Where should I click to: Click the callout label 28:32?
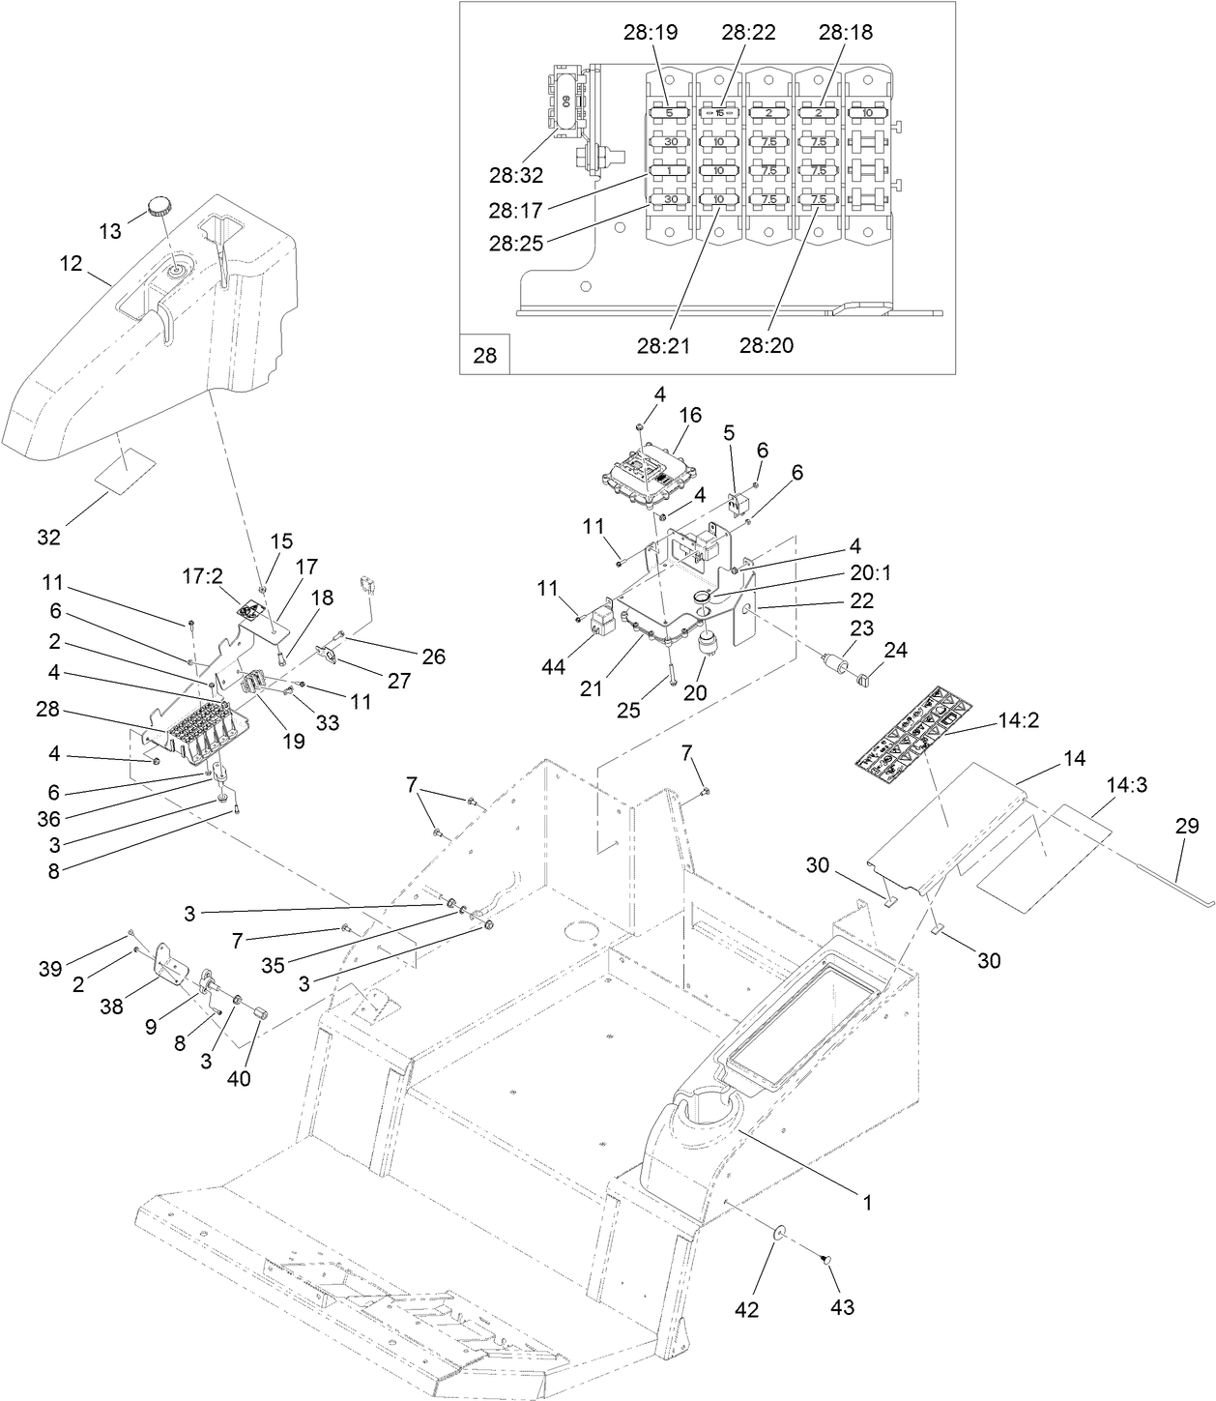pos(515,175)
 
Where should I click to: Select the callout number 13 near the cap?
pos(111,230)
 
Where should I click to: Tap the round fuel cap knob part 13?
pos(159,204)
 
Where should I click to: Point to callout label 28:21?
pos(664,344)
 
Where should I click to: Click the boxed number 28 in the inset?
pos(484,355)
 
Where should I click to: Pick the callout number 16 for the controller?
pos(689,415)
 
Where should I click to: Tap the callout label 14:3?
pos(1126,786)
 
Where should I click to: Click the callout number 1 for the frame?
pos(867,1203)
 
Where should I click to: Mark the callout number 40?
pos(238,1078)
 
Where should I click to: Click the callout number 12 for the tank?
pos(72,263)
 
